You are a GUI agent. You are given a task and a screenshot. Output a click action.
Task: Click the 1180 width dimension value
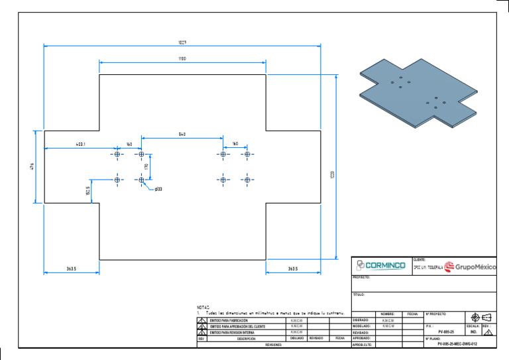(182, 59)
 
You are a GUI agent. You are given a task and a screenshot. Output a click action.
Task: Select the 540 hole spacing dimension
(182, 135)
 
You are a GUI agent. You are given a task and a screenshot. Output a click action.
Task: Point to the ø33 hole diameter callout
(158, 190)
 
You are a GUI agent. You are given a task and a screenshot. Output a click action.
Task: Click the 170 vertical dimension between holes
(146, 167)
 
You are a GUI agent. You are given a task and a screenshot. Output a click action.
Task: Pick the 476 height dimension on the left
(32, 166)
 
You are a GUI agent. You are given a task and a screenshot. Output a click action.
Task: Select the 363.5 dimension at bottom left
(72, 269)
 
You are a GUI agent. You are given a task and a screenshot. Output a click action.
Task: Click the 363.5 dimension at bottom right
(293, 269)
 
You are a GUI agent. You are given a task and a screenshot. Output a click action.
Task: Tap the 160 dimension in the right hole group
(235, 144)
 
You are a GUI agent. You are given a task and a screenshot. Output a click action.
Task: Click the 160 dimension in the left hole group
(129, 144)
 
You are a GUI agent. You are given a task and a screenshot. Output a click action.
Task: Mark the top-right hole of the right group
(247, 154)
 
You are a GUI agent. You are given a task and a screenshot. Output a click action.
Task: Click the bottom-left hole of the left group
(117, 180)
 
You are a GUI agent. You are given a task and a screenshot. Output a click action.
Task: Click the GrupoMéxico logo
(470, 267)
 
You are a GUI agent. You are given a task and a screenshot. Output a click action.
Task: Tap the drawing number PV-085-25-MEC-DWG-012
(457, 345)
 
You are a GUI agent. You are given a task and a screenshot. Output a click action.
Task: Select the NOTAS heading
(203, 308)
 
